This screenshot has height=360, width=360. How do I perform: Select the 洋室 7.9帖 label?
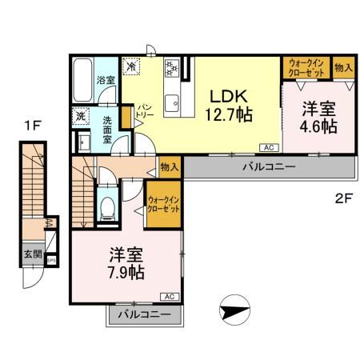click(126, 264)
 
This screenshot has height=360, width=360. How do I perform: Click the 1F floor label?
click(31, 125)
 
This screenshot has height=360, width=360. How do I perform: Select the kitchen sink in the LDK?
click(172, 101)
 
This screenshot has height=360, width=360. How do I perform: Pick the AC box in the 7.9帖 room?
click(169, 295)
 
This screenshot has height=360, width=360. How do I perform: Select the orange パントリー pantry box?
click(125, 114)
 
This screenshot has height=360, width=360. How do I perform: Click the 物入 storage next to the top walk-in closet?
click(342, 68)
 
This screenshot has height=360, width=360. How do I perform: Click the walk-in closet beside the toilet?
click(162, 204)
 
